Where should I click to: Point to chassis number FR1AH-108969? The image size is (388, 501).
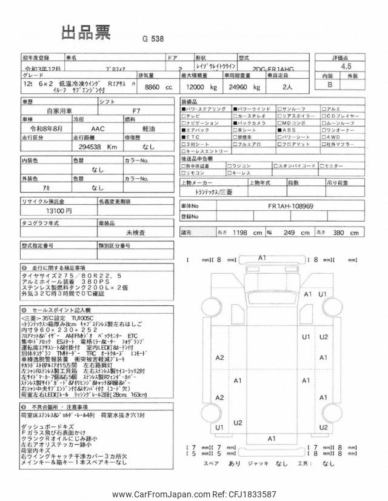[x=290, y=205]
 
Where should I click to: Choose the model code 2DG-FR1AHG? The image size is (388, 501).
[x=276, y=69]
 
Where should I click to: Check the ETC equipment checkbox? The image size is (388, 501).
[x=183, y=138]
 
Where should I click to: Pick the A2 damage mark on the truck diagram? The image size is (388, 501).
[x=219, y=357]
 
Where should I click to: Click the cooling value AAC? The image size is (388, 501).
[x=98, y=129]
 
